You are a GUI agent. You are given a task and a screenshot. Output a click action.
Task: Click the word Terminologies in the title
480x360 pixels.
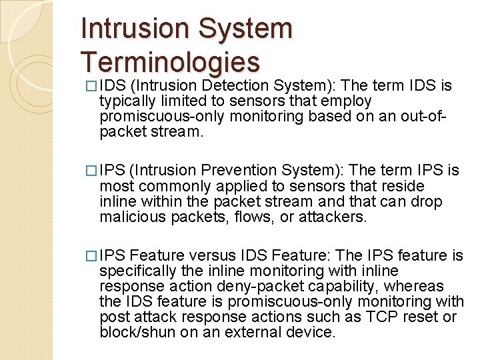coord(170,61)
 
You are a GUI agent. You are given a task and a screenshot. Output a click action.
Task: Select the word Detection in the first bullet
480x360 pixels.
coord(235,86)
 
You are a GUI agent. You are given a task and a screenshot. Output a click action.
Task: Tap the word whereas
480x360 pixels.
coord(414,286)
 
